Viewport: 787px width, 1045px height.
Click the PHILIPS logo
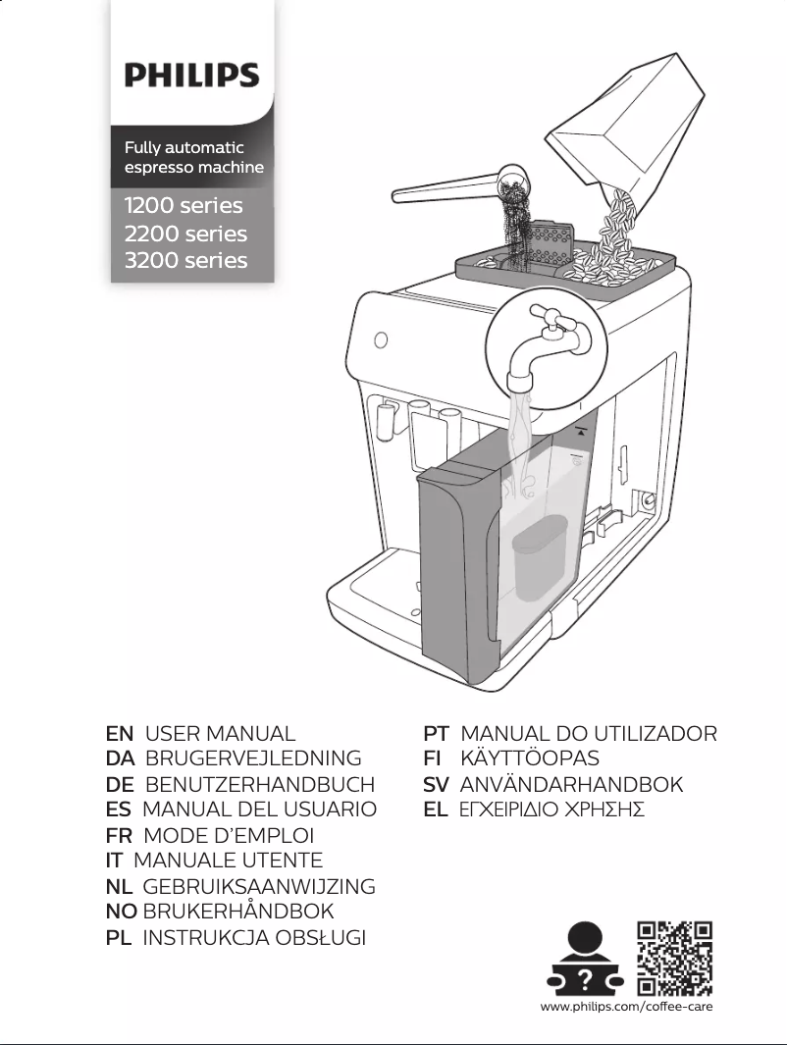pyautogui.click(x=191, y=76)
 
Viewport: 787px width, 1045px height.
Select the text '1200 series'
pyautogui.click(x=184, y=206)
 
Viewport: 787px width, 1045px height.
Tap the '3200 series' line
pyautogui.click(x=185, y=260)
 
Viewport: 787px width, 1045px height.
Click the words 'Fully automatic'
pyautogui.click(x=184, y=147)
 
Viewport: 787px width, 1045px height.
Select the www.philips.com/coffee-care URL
pyautogui.click(x=626, y=1008)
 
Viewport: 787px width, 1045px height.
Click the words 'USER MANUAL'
pyautogui.click(x=220, y=734)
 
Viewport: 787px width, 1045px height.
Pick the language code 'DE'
pyautogui.click(x=120, y=785)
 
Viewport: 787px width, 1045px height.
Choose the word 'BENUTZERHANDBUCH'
pyautogui.click(x=260, y=785)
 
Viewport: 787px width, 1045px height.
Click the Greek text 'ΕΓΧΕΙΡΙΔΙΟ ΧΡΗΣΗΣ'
pyautogui.click(x=552, y=810)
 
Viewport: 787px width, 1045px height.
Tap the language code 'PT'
pyautogui.click(x=436, y=734)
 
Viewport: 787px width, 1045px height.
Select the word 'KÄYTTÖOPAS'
pyautogui.click(x=530, y=758)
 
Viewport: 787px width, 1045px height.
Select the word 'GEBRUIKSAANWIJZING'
pyautogui.click(x=259, y=887)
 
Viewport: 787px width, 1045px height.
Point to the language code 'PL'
pyautogui.click(x=119, y=938)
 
